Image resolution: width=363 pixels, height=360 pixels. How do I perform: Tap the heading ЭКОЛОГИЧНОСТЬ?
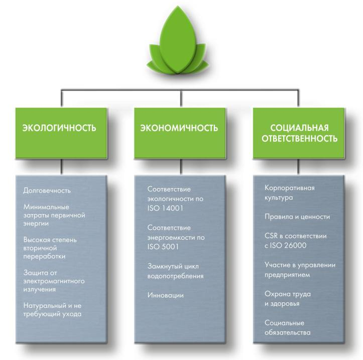point(59,128)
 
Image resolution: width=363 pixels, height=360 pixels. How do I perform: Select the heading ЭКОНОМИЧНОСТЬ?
point(179,128)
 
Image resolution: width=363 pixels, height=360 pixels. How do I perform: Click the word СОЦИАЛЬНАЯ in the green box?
point(299,128)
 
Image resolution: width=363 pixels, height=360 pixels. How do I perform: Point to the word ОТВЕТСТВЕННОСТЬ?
point(299,138)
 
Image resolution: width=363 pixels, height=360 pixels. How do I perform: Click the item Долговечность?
point(47,191)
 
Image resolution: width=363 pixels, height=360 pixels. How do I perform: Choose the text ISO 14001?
point(165,208)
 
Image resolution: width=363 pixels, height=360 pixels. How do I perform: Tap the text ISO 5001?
point(163,247)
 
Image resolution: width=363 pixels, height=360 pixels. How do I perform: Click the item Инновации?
point(166,295)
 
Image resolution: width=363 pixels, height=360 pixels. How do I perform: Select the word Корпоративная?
point(290,188)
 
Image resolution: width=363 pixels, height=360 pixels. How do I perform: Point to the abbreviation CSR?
point(271,236)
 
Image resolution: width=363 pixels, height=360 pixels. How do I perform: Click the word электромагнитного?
point(54,281)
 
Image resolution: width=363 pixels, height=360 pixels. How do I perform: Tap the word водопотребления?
point(176,276)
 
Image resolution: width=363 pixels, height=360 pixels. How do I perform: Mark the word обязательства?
point(288,332)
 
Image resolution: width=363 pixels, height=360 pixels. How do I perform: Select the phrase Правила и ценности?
point(297,217)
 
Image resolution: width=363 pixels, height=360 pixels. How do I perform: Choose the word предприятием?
point(287,275)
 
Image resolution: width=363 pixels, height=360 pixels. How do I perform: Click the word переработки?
point(45,256)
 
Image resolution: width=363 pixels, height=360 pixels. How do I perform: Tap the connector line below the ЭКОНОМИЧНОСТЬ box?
point(181,166)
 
